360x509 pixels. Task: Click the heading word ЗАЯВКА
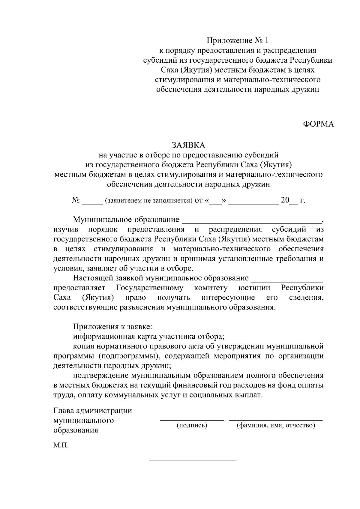[x=188, y=145]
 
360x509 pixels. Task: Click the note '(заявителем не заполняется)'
[x=148, y=201]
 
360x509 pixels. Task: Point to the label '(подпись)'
[x=192, y=425]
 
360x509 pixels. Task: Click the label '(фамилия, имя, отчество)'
[x=276, y=425]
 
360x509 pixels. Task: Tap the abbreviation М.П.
[x=61, y=445]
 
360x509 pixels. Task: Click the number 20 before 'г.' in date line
[x=285, y=200]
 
